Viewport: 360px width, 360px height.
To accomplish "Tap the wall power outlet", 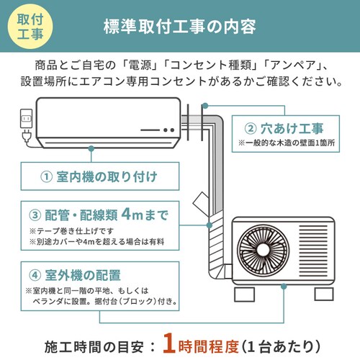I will [24, 119].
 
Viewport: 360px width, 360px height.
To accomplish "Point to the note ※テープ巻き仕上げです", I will [73, 230].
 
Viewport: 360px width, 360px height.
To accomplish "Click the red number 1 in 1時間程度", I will [168, 340].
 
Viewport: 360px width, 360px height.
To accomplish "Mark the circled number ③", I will [35, 215].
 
